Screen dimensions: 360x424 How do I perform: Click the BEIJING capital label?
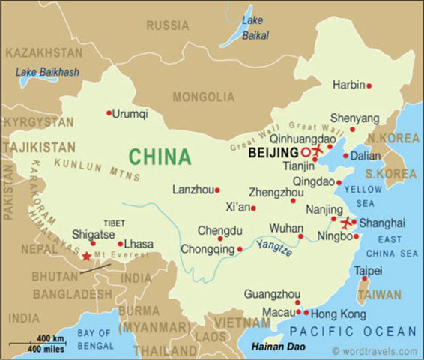pyautogui.click(x=267, y=151)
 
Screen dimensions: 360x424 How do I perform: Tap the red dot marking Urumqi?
pyautogui.click(x=109, y=113)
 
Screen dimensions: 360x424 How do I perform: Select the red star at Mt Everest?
pyautogui.click(x=87, y=257)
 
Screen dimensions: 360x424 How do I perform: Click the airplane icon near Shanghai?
pyautogui.click(x=346, y=222)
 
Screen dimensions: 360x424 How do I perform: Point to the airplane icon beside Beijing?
pyautogui.click(x=315, y=151)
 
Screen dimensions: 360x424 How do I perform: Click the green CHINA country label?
pyautogui.click(x=160, y=157)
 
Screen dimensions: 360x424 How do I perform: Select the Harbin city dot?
pyautogui.click(x=369, y=85)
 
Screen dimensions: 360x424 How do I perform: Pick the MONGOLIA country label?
pyautogui.click(x=204, y=97)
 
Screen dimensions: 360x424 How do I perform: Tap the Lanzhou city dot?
pyautogui.click(x=217, y=190)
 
